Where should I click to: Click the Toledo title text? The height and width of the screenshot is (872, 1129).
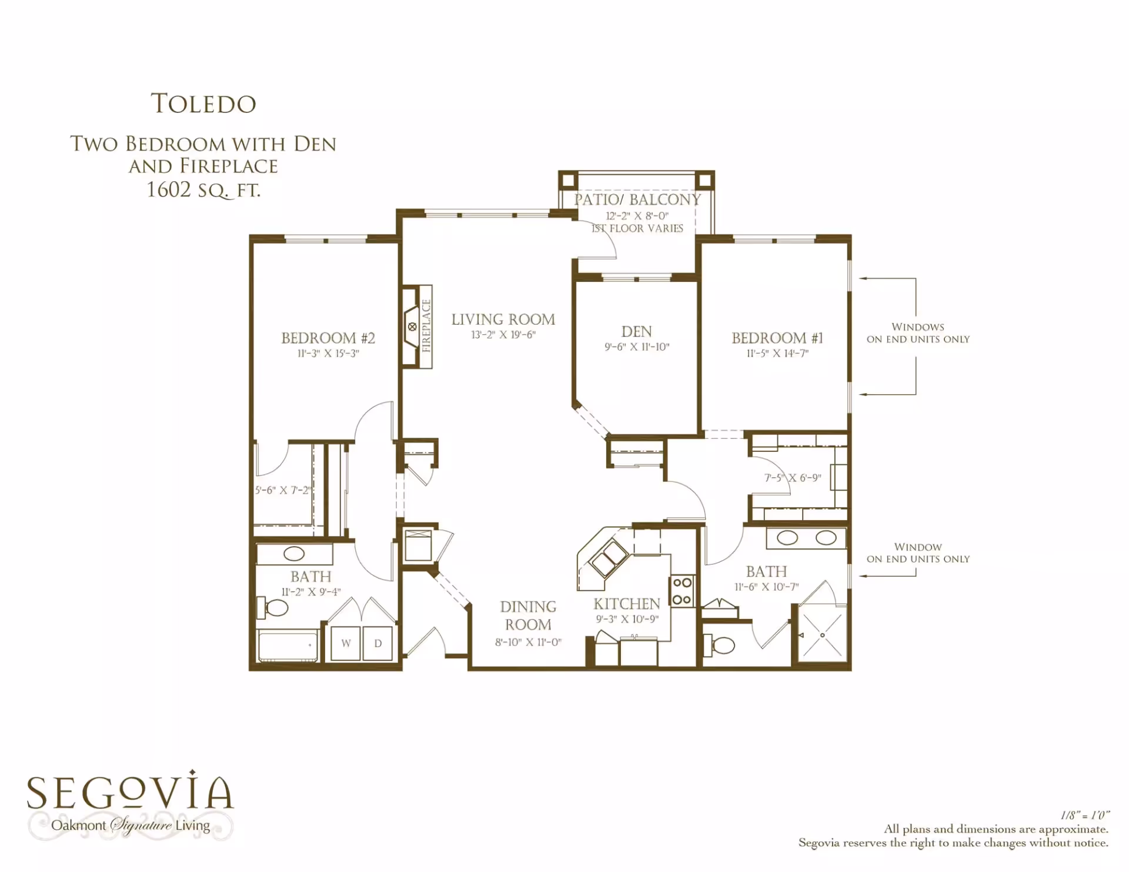[x=203, y=104]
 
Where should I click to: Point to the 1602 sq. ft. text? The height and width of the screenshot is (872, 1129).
[x=203, y=190]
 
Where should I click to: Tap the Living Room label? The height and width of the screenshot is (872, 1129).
[x=503, y=319]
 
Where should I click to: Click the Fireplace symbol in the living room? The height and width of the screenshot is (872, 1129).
[x=418, y=327]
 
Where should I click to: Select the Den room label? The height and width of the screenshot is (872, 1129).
[x=637, y=332]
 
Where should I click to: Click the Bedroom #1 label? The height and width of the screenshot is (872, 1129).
[x=777, y=338]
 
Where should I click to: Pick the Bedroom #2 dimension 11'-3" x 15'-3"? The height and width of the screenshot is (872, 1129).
[x=328, y=354]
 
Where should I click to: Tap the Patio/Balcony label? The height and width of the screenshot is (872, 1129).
[x=637, y=200]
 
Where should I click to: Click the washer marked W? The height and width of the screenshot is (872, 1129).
[x=346, y=644]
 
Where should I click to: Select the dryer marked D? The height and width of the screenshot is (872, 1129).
[x=378, y=644]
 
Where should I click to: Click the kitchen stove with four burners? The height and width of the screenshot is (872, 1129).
[x=682, y=591]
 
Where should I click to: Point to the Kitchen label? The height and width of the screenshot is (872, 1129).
[x=627, y=604]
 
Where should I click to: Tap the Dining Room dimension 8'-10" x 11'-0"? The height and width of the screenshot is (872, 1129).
[x=528, y=643]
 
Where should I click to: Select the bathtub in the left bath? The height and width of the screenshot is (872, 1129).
[x=288, y=647]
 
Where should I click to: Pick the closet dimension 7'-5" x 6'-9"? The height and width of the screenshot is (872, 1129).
[x=793, y=478]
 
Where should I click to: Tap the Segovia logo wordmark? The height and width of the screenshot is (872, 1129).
[x=131, y=792]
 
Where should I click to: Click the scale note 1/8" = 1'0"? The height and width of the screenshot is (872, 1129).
[x=1085, y=816]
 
